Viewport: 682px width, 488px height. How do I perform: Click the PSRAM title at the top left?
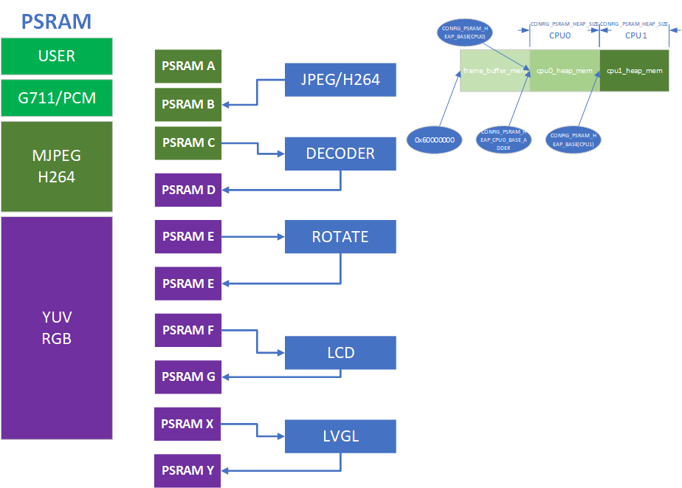[x=57, y=21]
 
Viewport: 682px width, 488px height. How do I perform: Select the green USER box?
[x=57, y=56]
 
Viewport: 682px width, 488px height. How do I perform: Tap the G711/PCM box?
[x=57, y=97]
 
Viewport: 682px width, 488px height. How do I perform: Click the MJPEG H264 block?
[x=57, y=167]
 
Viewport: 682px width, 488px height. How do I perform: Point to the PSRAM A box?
[x=188, y=66]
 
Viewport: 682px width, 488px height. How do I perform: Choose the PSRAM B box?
[x=188, y=104]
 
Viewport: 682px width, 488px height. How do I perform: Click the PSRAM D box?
[x=188, y=190]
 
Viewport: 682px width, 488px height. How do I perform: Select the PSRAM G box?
[x=188, y=377]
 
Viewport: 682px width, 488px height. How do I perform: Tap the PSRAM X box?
[x=188, y=424]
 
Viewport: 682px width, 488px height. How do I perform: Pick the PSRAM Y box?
[x=188, y=471]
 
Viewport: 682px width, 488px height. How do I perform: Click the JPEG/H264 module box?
[x=340, y=80]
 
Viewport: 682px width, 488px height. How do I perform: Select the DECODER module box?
[x=340, y=154]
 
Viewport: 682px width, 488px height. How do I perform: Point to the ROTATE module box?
[x=340, y=237]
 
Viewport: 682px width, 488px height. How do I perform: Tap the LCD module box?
[x=340, y=353]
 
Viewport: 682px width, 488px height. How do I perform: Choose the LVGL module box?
[x=340, y=436]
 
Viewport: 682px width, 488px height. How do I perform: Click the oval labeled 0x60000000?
[x=434, y=139]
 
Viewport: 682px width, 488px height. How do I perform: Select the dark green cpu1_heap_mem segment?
[x=634, y=71]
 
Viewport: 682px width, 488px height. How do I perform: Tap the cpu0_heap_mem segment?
[x=565, y=71]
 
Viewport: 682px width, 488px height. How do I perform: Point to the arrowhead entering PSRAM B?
[x=226, y=104]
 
